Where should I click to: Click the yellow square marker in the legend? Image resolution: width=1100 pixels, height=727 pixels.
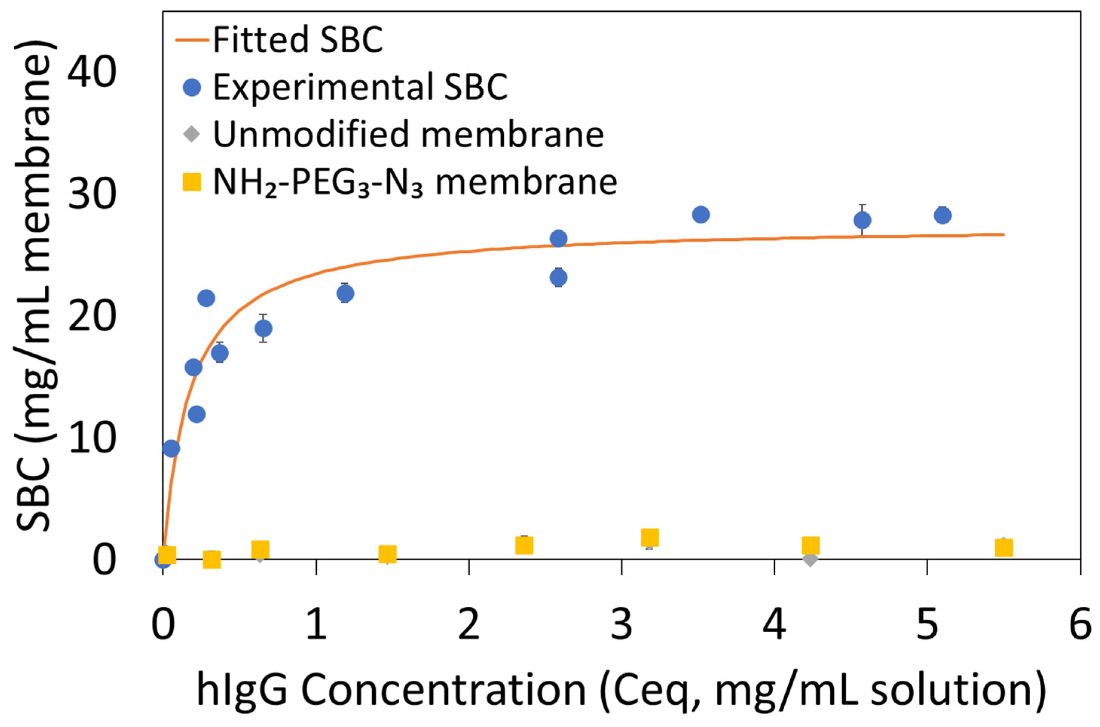(x=191, y=182)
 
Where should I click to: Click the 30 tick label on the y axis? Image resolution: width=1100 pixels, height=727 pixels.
(x=91, y=195)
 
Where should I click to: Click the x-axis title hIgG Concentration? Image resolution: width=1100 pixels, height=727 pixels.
(x=621, y=690)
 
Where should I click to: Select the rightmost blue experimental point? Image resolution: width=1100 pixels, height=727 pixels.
(x=943, y=215)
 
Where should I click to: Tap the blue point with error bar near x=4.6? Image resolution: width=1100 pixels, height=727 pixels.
(x=862, y=220)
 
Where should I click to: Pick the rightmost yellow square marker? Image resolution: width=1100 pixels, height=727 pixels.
(x=1004, y=548)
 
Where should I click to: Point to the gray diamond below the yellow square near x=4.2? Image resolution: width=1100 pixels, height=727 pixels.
(x=810, y=559)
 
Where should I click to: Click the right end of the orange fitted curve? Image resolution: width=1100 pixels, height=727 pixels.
(x=1003, y=235)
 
